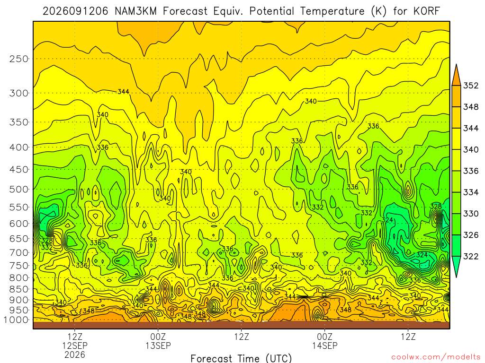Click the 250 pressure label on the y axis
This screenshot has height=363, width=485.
coord(19,59)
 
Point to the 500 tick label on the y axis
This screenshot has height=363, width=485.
coord(19,189)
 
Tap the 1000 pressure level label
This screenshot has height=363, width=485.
coord(17,320)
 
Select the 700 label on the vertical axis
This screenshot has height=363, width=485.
coord(19,252)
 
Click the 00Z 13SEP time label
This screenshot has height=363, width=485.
coord(158,341)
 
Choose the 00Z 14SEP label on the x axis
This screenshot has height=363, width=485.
coord(325,341)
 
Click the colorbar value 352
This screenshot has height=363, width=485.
coord(470,86)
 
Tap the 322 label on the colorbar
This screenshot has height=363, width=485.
coord(470,256)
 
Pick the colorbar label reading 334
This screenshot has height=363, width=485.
coord(470,192)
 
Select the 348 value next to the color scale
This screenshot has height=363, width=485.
coord(470,107)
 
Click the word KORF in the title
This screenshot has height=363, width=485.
coord(427,11)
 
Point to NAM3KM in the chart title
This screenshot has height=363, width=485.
coord(135,11)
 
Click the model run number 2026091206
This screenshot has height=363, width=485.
coord(75,11)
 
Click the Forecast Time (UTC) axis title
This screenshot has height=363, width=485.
coord(241,358)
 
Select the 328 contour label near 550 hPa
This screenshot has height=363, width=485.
coord(436,206)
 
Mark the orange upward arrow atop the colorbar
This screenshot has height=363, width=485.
coord(456,76)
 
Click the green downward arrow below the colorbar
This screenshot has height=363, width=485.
coord(456,266)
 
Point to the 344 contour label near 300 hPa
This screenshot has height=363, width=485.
coord(123,92)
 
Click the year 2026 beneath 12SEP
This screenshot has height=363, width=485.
coord(75,354)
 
